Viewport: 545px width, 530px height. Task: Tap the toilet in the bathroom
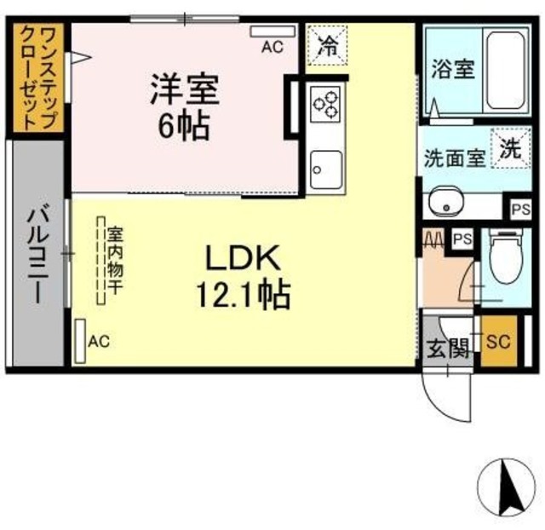[x=507, y=255]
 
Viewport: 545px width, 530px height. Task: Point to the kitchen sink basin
[x=326, y=170]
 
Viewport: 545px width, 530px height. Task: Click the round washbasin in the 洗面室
[x=445, y=202]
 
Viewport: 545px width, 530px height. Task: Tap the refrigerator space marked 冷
[x=327, y=45]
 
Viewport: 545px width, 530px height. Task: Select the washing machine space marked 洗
[x=511, y=148]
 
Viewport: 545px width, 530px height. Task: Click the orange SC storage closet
[x=499, y=341]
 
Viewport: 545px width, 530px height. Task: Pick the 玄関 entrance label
[x=448, y=349]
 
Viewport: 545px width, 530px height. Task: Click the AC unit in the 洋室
[x=272, y=32]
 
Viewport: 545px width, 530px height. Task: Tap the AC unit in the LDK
[x=80, y=341]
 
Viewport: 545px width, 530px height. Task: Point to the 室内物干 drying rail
[x=100, y=261]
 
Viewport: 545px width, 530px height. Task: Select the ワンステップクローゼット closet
[x=38, y=78]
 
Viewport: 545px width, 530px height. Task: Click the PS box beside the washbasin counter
[x=521, y=210]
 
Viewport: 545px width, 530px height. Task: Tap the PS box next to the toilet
[x=463, y=239]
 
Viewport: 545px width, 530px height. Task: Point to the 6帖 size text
[x=184, y=126]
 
